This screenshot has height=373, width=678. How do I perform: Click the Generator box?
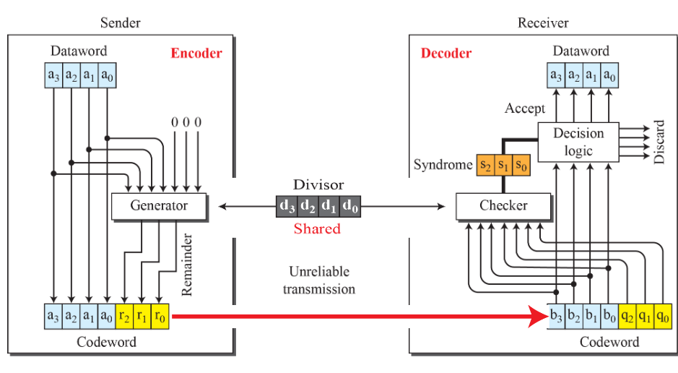[x=159, y=206]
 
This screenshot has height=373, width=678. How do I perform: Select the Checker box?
[x=503, y=206]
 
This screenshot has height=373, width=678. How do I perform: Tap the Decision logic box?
[x=578, y=142]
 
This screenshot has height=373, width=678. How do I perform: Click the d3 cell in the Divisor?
[x=287, y=206]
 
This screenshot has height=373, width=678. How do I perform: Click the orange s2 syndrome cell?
[x=485, y=165]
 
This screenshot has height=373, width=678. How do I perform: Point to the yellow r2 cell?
[x=124, y=316]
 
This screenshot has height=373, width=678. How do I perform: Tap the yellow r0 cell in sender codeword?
[x=160, y=316]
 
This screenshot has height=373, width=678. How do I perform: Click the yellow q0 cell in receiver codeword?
[x=663, y=316]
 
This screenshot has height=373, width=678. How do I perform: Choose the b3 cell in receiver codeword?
[x=557, y=316]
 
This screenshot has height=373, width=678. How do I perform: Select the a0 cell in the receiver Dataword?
[x=610, y=74]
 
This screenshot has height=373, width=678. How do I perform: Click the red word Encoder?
[x=196, y=53]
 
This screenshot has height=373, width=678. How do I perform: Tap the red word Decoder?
[x=446, y=53]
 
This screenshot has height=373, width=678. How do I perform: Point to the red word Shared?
[x=317, y=229]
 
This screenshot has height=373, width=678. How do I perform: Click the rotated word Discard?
[x=659, y=142]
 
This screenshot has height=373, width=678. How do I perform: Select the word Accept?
[x=525, y=108]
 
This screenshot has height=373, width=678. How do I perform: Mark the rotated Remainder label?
[x=187, y=265]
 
